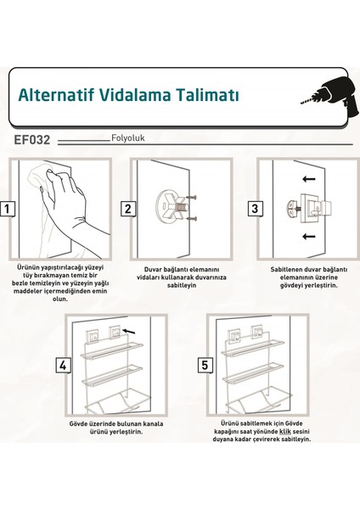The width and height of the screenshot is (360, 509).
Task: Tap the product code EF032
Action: coord(32,140)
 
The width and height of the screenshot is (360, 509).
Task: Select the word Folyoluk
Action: coord(127,138)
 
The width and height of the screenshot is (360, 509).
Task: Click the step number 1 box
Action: coord(7,209)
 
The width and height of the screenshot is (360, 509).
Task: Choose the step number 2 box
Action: coord(128,209)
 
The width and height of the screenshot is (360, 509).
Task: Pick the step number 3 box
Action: coord(255,209)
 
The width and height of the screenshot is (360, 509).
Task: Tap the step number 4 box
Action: coord(63,366)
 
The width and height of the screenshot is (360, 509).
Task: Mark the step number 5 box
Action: coord(205,365)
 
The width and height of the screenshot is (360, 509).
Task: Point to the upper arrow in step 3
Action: coord(309,179)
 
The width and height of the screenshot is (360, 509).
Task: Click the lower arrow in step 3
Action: coord(309,236)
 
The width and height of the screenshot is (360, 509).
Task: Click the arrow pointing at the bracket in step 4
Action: coord(129,331)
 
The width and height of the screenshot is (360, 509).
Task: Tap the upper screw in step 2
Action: coord(191,197)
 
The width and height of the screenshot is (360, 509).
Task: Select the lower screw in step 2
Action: coord(191,219)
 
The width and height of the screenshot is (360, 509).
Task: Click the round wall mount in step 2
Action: coord(168,206)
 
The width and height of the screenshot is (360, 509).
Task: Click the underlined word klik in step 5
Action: coord(285,432)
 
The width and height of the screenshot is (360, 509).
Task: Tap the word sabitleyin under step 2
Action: coord(182,285)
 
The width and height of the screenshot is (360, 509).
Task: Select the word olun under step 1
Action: coord(60,299)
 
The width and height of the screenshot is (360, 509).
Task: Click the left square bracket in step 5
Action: coord(234,337)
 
